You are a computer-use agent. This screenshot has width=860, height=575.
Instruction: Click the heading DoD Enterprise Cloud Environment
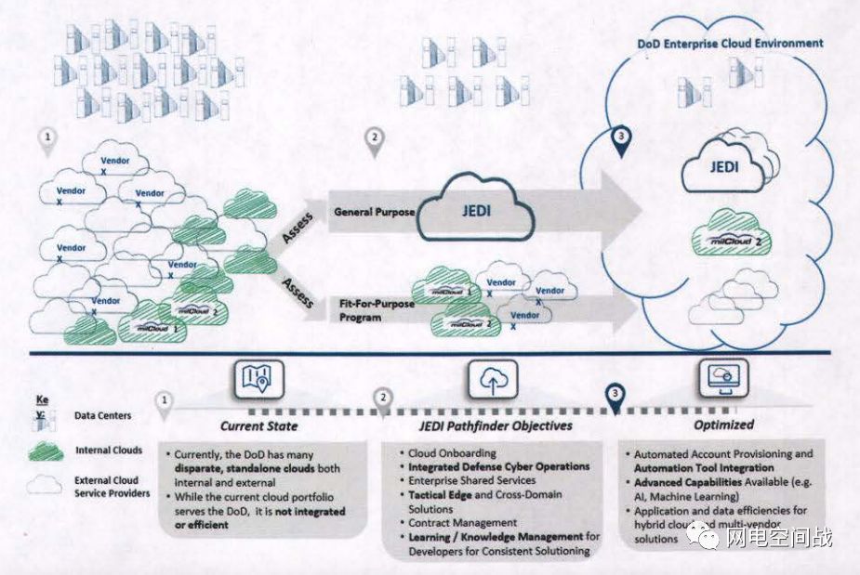coord(730,43)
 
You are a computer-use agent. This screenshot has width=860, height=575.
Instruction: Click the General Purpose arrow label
coord(375,212)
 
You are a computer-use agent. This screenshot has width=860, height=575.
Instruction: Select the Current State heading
coord(258,425)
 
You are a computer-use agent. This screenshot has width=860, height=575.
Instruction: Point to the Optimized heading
coord(724,424)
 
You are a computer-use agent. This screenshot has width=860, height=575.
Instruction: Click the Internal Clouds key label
coord(109,451)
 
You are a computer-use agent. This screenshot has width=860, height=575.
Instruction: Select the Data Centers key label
coord(102,415)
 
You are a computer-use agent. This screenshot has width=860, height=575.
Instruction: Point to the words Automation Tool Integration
coord(704,468)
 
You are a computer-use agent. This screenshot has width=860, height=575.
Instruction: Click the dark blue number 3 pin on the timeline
coord(615,395)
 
